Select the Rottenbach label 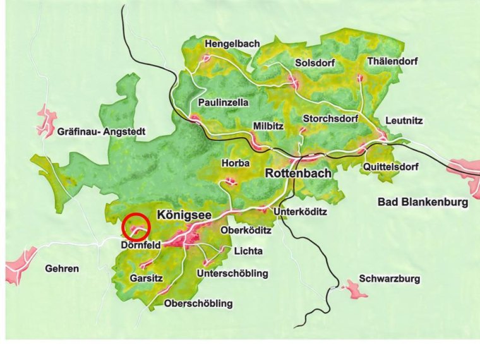pyautogui.click(x=297, y=173)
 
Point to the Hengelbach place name pyautogui.click(x=232, y=44)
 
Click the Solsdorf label pyautogui.click(x=315, y=63)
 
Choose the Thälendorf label pyautogui.click(x=393, y=63)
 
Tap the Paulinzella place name pyautogui.click(x=223, y=102)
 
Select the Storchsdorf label pyautogui.click(x=330, y=118)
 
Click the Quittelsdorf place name pyautogui.click(x=391, y=167)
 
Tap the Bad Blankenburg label pyautogui.click(x=423, y=202)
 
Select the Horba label pyautogui.click(x=236, y=163)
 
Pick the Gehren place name pyautogui.click(x=62, y=268)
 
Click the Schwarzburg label pyautogui.click(x=389, y=279)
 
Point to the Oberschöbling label pyautogui.click(x=198, y=304)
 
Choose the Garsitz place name pyautogui.click(x=147, y=277)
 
